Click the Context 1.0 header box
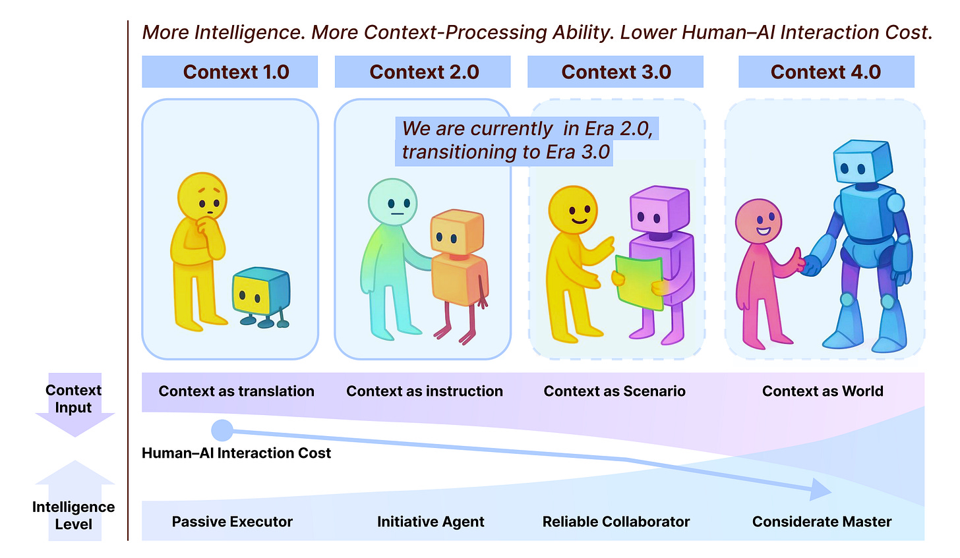[229, 72]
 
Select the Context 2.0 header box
[423, 72]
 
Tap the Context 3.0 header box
[615, 72]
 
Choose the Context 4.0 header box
[825, 72]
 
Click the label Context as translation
[236, 391]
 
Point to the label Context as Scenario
[615, 391]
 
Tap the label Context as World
[822, 391]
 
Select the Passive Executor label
[232, 522]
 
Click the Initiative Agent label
[431, 522]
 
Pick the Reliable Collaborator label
[616, 522]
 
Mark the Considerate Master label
[822, 522]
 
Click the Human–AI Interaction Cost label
[236, 453]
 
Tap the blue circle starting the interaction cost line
[222, 431]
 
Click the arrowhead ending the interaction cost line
[820, 489]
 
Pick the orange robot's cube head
[456, 232]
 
